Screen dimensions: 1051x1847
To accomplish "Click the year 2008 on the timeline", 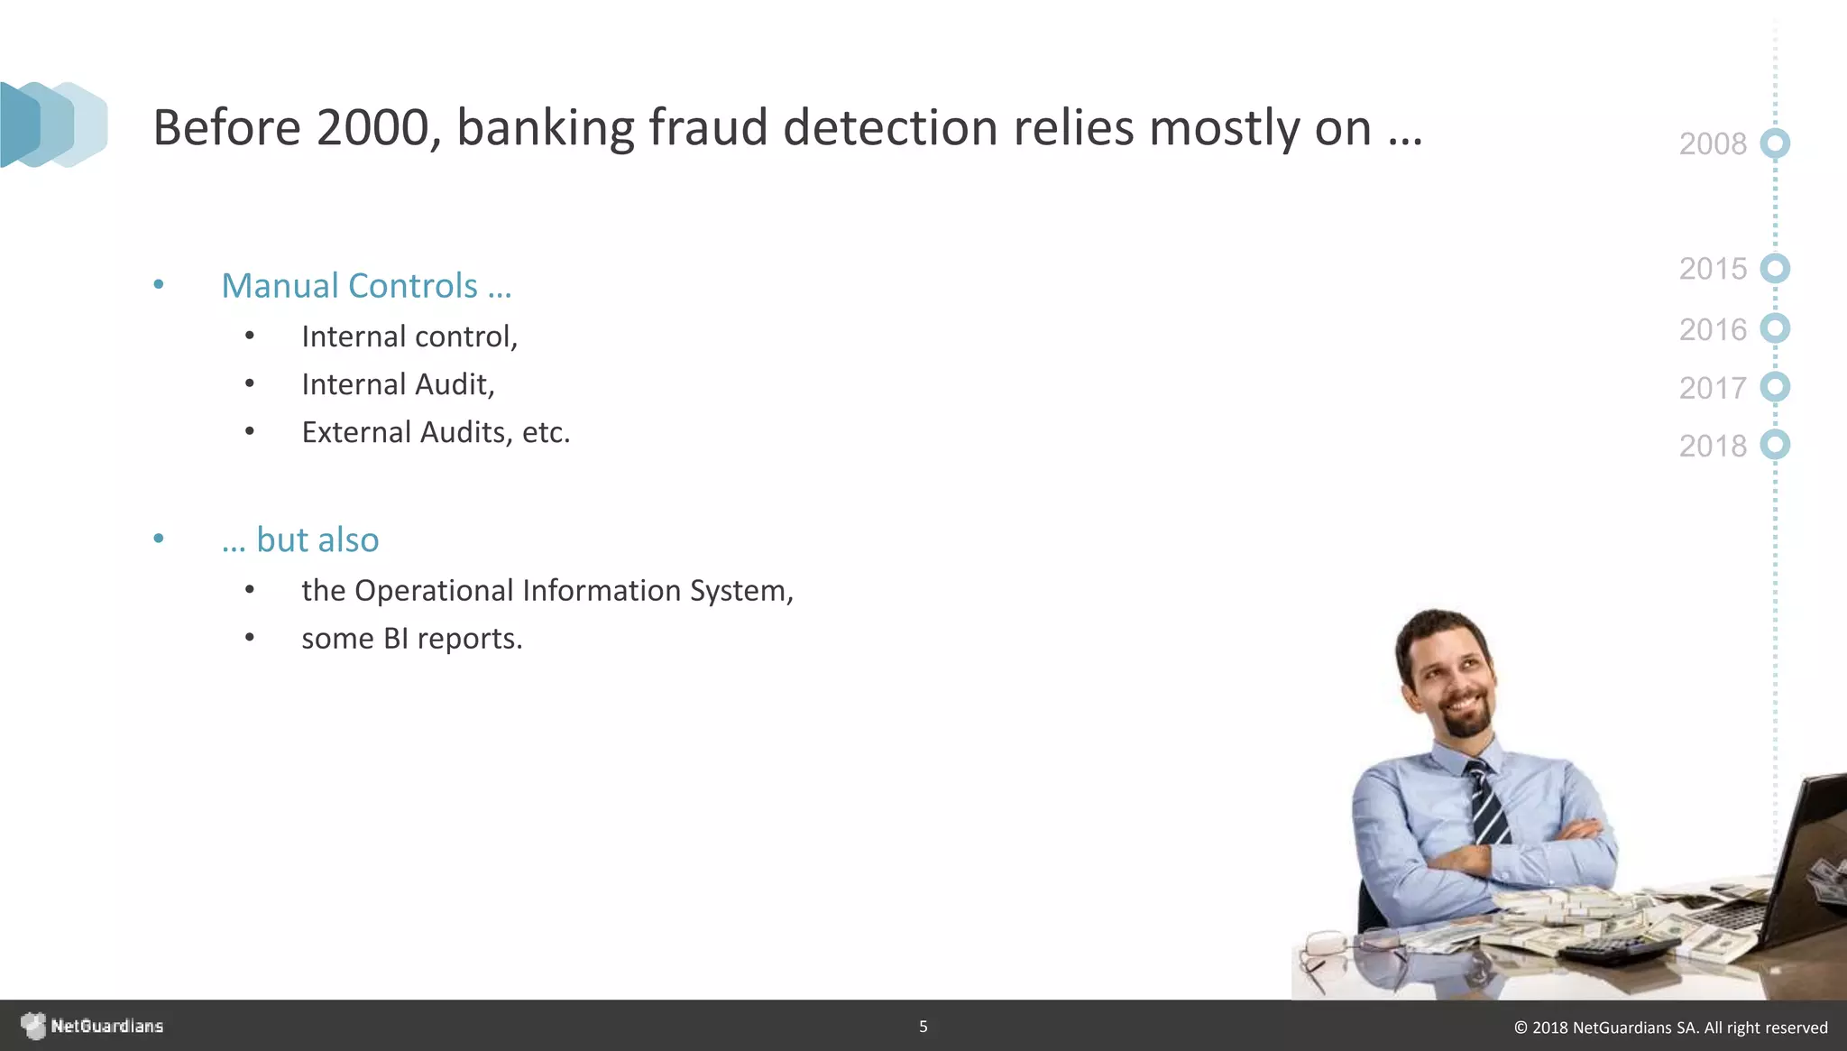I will [x=1712, y=144].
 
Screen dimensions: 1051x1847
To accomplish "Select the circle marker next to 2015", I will [x=1775, y=269].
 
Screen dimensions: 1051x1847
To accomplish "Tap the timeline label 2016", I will [x=1712, y=329].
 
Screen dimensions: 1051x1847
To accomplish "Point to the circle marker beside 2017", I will [x=1775, y=387].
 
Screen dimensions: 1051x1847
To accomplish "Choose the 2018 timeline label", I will [x=1712, y=446].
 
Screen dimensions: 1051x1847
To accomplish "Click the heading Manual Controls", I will [x=366, y=286].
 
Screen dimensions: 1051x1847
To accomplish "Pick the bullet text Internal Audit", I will [x=398, y=384].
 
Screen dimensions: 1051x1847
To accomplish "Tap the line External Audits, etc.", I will [x=436, y=432].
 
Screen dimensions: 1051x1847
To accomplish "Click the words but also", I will [x=317, y=539].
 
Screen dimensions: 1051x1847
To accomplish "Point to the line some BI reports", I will [x=411, y=639].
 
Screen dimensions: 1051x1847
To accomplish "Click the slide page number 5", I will [x=923, y=1026].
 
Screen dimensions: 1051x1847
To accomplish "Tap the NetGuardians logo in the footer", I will [x=93, y=1026].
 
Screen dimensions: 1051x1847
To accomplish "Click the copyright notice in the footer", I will [x=1670, y=1028].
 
